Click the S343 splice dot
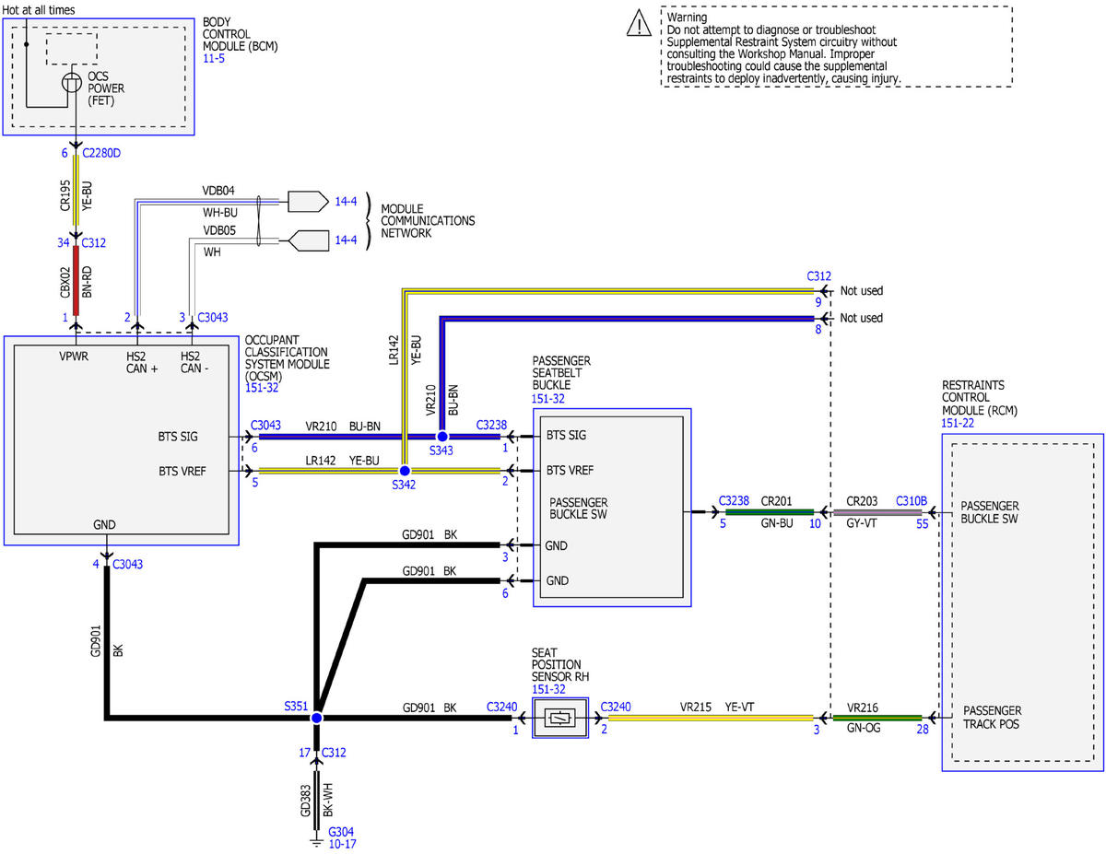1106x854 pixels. (442, 437)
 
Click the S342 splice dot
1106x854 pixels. (405, 471)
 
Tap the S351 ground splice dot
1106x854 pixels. (316, 718)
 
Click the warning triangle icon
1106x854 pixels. (639, 24)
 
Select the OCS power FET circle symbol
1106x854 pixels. (72, 82)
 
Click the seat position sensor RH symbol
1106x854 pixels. (559, 718)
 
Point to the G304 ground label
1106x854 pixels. (340, 832)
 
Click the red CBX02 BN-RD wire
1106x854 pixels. (76, 280)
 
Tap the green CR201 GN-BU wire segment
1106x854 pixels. (769, 511)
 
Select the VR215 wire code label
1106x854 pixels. (695, 707)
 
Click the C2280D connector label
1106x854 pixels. (101, 153)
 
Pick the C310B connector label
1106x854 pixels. (911, 501)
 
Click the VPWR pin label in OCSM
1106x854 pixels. (74, 356)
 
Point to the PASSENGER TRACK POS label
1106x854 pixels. (991, 717)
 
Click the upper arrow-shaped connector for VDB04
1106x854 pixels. (308, 202)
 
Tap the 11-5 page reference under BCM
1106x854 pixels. (214, 58)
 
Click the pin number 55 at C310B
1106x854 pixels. (922, 524)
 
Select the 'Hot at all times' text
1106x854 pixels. (39, 9)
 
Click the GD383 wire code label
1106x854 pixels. (305, 801)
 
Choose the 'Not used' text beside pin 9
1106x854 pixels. (861, 290)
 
